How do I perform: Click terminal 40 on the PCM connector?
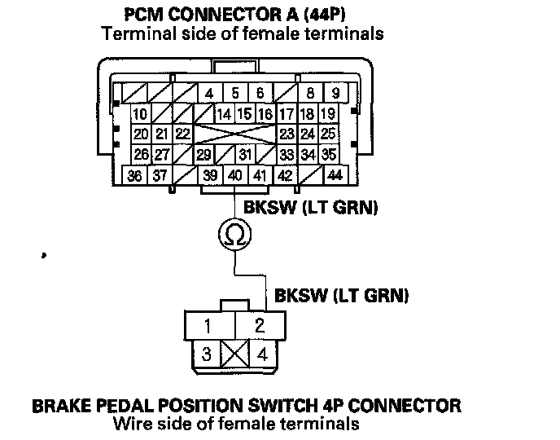(235, 175)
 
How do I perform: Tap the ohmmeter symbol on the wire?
(234, 235)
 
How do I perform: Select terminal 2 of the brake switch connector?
(260, 326)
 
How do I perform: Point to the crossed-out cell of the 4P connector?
(234, 354)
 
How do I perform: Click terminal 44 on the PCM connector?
(334, 175)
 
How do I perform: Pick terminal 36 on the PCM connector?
(136, 175)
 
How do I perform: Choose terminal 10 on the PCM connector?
(140, 114)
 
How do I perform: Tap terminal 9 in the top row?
(335, 93)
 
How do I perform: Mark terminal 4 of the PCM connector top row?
(209, 93)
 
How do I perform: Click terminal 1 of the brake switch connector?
(208, 327)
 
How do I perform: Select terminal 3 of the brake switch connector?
(207, 354)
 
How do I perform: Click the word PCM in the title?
(147, 15)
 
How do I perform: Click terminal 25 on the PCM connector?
(329, 134)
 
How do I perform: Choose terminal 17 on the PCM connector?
(287, 114)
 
